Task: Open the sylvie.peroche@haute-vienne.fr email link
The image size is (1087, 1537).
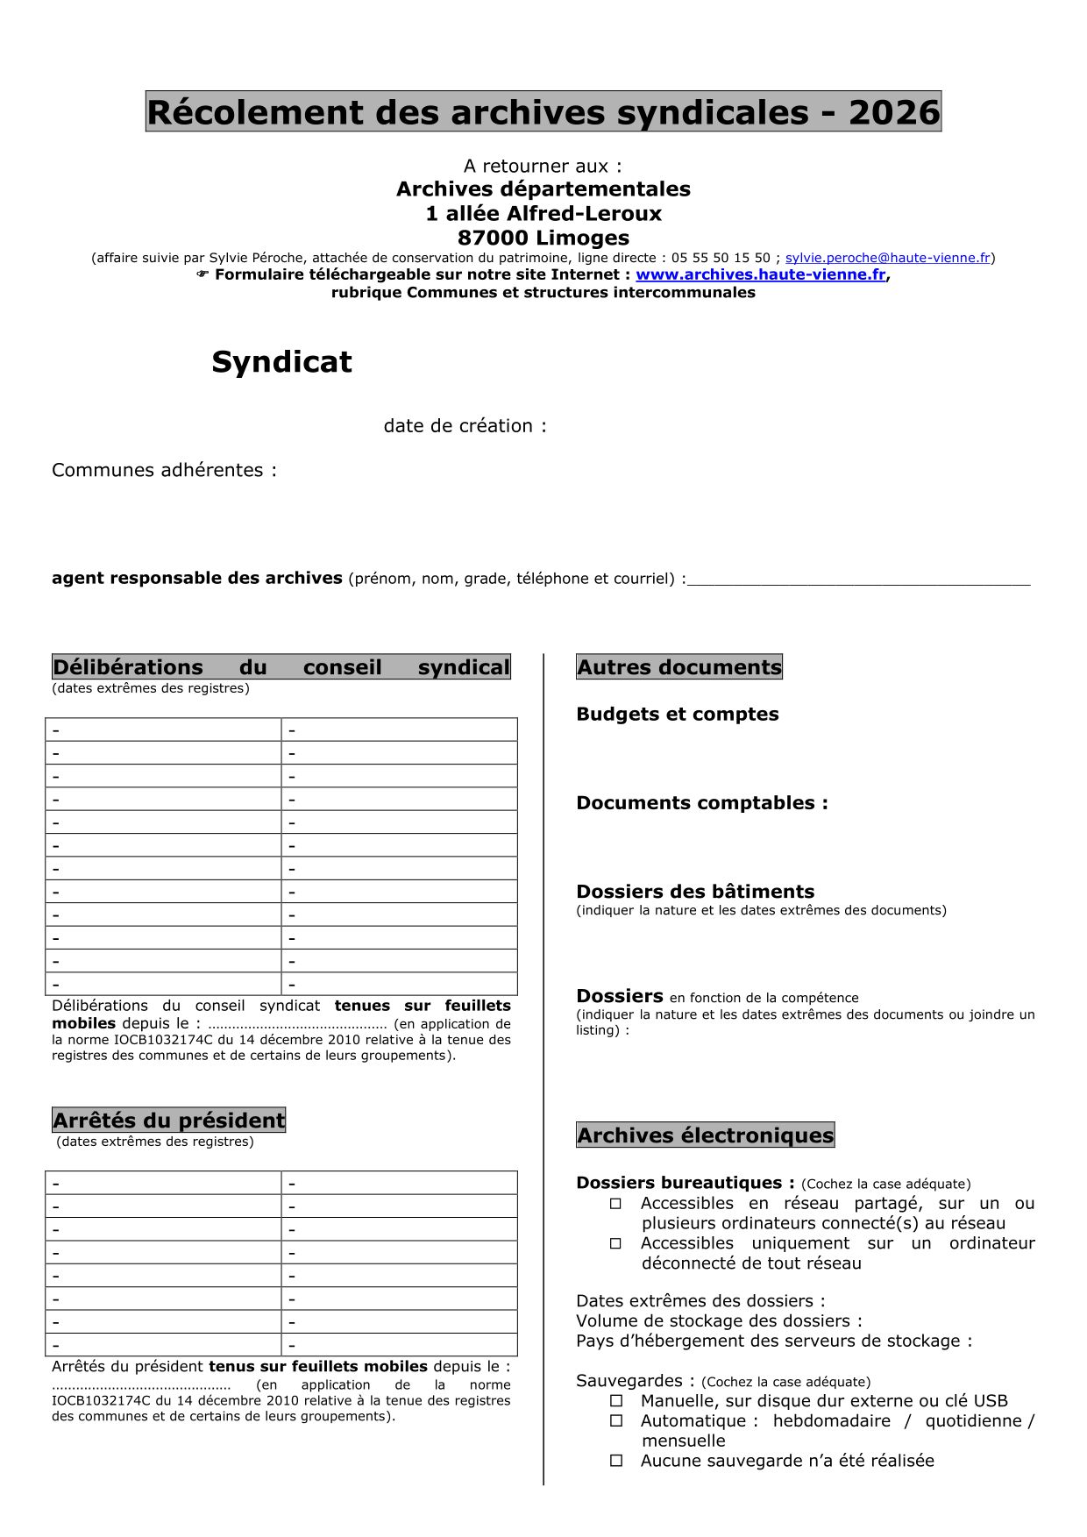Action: pyautogui.click(x=887, y=258)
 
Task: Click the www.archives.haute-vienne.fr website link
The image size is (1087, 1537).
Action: pyautogui.click(x=760, y=274)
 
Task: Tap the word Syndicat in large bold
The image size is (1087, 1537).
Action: pyautogui.click(x=281, y=362)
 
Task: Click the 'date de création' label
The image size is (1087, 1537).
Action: pyautogui.click(x=465, y=426)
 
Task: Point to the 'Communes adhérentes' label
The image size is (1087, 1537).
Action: pyautogui.click(x=164, y=470)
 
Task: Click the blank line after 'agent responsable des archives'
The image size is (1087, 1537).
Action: pyautogui.click(x=859, y=580)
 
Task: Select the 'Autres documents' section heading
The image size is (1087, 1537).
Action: pyautogui.click(x=678, y=667)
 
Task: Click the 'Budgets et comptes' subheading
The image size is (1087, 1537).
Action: pyautogui.click(x=677, y=715)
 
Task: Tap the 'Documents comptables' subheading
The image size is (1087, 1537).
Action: pyautogui.click(x=701, y=803)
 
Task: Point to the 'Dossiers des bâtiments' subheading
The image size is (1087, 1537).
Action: pyautogui.click(x=695, y=892)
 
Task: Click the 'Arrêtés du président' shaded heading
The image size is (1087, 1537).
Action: pyautogui.click(x=168, y=1121)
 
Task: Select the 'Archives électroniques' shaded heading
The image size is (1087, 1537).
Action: pyautogui.click(x=705, y=1135)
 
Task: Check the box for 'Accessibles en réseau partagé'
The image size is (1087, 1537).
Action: pyautogui.click(x=616, y=1204)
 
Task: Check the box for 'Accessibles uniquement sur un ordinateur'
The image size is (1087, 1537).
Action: pyautogui.click(x=616, y=1243)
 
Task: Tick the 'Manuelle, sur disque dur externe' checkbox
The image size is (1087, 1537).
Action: pyautogui.click(x=616, y=1401)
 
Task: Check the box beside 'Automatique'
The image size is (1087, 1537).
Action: pyautogui.click(x=616, y=1421)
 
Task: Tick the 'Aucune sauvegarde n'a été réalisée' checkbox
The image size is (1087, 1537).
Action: pyautogui.click(x=616, y=1461)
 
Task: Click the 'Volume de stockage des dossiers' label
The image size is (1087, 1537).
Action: pyautogui.click(x=718, y=1321)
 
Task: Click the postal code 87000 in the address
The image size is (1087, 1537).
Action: pyautogui.click(x=492, y=238)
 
